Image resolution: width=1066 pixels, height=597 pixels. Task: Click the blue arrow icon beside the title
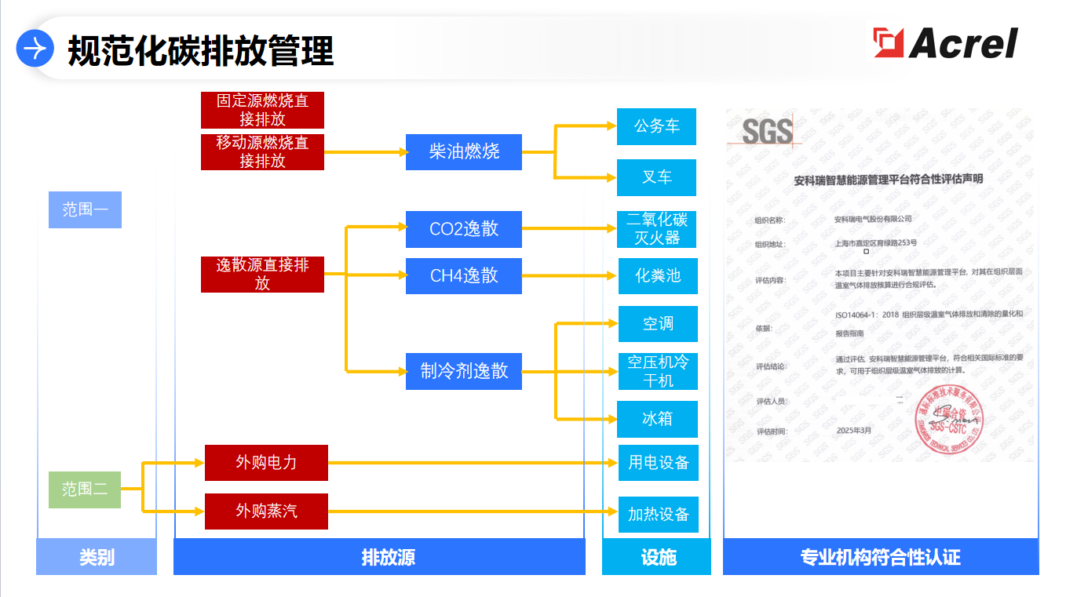click(x=35, y=49)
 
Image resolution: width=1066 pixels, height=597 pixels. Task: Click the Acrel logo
click(x=946, y=43)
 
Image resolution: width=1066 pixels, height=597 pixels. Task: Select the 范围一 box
click(x=85, y=209)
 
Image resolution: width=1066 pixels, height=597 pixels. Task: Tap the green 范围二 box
click(x=85, y=490)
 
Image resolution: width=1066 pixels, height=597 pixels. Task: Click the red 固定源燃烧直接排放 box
click(x=262, y=110)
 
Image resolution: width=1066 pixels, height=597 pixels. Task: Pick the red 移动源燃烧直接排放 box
click(x=262, y=151)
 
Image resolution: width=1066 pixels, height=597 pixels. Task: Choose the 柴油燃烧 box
click(x=464, y=151)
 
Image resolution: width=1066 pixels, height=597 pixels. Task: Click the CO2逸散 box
click(x=464, y=229)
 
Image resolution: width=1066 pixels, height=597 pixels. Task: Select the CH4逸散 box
click(x=464, y=275)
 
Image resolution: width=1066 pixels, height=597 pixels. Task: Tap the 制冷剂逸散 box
click(x=464, y=371)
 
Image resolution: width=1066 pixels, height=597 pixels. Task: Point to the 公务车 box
click(x=656, y=126)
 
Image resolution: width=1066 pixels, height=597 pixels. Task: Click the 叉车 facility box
click(x=656, y=177)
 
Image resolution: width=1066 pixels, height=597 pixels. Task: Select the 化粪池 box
click(x=658, y=275)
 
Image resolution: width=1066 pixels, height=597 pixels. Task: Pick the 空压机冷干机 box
click(x=658, y=371)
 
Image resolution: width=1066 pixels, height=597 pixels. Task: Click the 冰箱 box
click(x=658, y=419)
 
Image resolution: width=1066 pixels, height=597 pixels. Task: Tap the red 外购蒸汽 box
click(x=266, y=511)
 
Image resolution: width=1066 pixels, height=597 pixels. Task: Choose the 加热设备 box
click(x=658, y=515)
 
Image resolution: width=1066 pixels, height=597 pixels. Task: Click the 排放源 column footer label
click(x=379, y=558)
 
